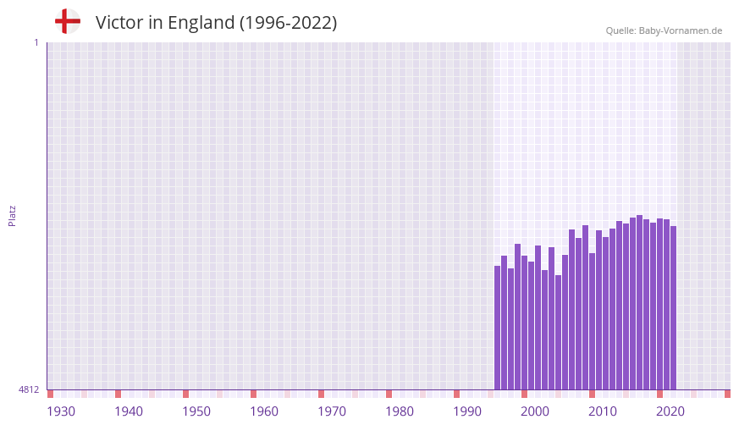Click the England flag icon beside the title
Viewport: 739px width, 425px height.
pos(68,22)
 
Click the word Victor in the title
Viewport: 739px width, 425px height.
pos(119,23)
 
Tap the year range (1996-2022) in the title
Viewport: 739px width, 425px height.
pos(288,23)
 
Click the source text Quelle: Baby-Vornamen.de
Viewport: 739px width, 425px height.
pos(664,30)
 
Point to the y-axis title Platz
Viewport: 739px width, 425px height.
pos(13,216)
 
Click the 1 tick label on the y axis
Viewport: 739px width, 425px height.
pos(36,42)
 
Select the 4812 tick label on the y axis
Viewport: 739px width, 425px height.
pos(29,390)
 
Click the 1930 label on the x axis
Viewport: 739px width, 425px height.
pos(61,411)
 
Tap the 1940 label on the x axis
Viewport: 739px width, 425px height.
pos(129,411)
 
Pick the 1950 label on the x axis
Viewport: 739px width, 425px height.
pos(196,411)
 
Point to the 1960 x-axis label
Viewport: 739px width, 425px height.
pos(264,411)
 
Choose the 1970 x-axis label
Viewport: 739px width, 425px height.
pos(332,411)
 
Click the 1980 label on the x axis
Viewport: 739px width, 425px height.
pos(400,411)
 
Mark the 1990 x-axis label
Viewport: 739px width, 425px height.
pos(467,411)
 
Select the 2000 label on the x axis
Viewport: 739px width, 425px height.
pos(535,411)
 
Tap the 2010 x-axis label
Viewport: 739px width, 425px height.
pos(603,411)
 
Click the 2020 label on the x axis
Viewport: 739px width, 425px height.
pos(670,411)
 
